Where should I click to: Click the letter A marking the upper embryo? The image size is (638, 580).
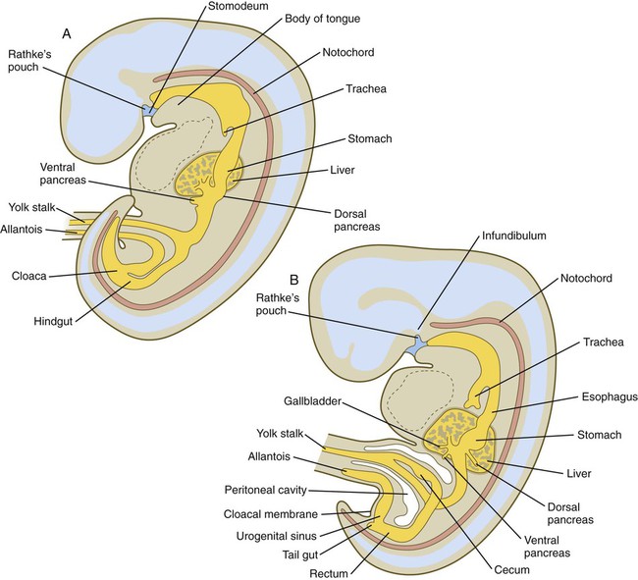(67, 32)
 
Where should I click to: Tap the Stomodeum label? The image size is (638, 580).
(235, 9)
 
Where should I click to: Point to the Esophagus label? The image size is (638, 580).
(582, 396)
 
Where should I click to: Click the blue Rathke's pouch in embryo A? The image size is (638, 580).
(149, 111)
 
